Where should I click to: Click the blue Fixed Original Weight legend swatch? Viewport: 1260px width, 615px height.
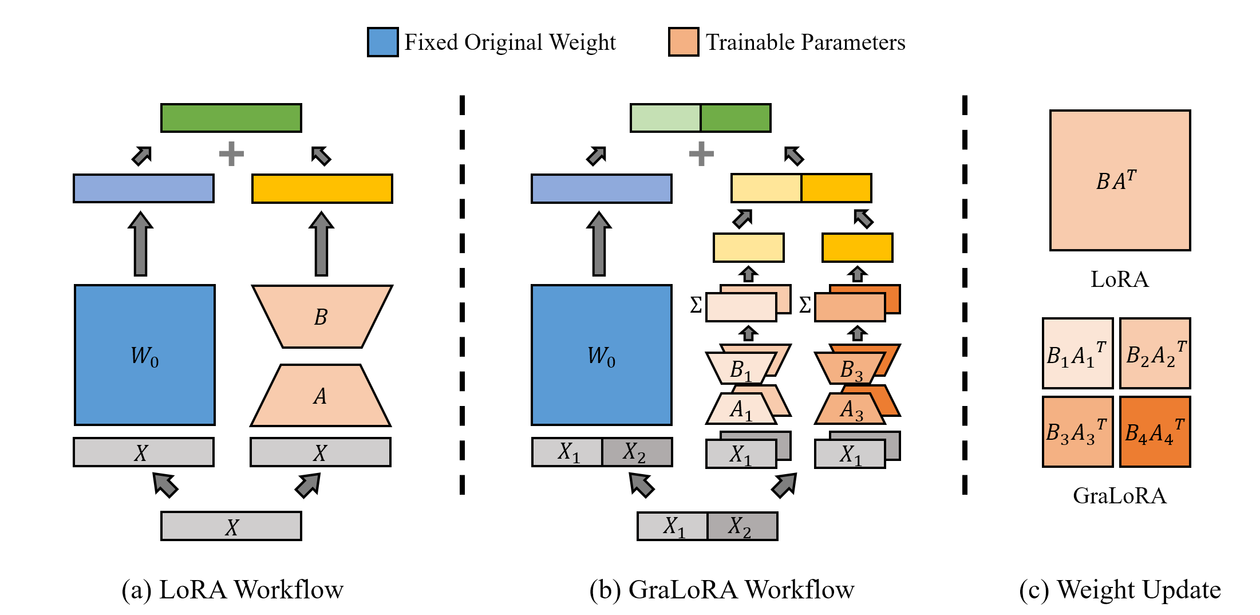(x=382, y=42)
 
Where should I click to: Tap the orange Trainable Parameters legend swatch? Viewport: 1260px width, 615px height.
(x=683, y=42)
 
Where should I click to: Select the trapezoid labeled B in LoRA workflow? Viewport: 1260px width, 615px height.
(x=322, y=316)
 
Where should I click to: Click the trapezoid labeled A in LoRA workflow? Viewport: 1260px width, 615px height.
(x=321, y=396)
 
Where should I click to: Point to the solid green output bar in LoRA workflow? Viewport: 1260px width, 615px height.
(x=231, y=118)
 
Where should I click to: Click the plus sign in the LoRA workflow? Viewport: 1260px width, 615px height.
(x=231, y=153)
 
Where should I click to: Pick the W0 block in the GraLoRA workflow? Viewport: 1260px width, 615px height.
(x=601, y=355)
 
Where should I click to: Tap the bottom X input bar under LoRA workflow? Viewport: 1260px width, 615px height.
(x=231, y=526)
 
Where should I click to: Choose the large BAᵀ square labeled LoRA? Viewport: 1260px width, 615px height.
(x=1120, y=180)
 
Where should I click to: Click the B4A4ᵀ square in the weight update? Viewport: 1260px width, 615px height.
(x=1155, y=432)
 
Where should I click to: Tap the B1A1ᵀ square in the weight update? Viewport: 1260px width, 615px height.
(x=1077, y=354)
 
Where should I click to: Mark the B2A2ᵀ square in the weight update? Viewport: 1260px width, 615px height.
(x=1155, y=354)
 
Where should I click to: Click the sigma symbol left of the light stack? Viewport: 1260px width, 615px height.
(x=696, y=305)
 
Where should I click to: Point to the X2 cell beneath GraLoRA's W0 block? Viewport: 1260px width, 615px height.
(x=637, y=452)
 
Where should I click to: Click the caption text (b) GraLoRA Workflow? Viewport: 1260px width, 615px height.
(x=722, y=590)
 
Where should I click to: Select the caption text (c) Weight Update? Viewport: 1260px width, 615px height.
(x=1120, y=590)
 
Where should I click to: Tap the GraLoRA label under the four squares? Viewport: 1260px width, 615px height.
(x=1119, y=496)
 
